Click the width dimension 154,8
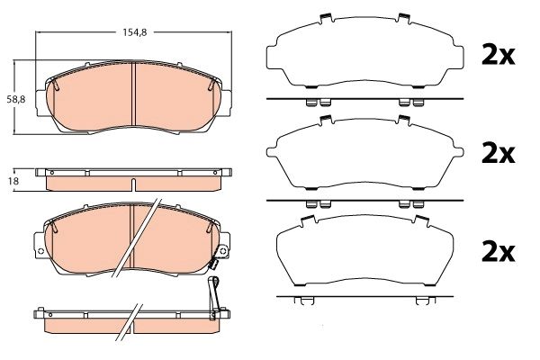coord(134,31)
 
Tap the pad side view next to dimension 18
coord(133,180)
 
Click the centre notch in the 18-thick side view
coord(133,185)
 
